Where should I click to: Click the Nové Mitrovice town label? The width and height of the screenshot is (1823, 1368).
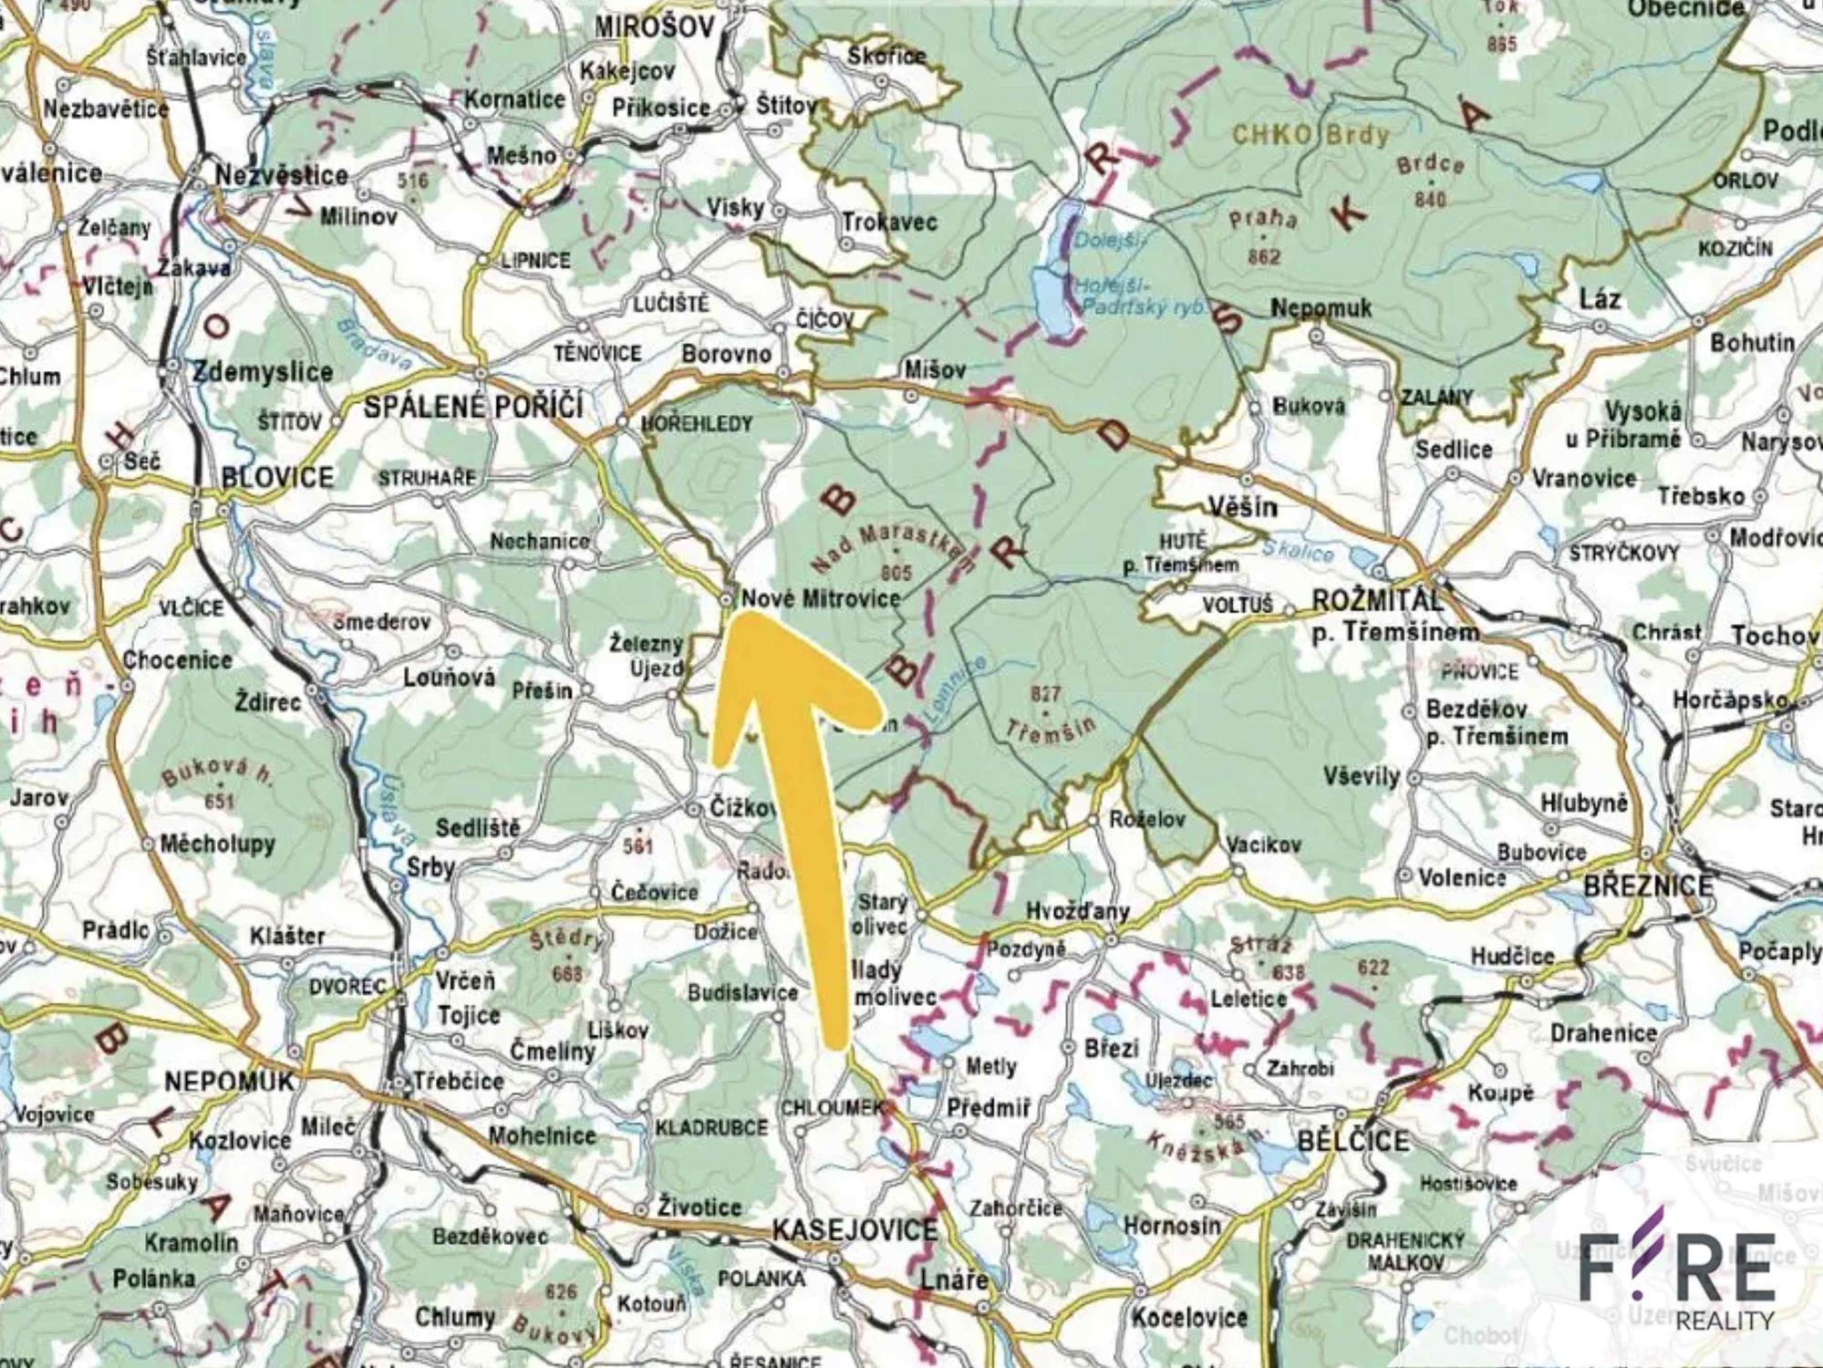[820, 599]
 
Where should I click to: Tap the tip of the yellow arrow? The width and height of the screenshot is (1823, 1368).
[750, 617]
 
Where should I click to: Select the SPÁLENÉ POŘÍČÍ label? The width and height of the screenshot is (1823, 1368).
[472, 407]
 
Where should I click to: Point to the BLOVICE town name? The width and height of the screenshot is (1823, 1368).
[277, 477]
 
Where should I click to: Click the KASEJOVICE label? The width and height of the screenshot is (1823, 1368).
[855, 1230]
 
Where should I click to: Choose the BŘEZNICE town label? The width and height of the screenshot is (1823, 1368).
[1648, 886]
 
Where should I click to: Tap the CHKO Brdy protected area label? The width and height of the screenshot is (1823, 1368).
[1310, 136]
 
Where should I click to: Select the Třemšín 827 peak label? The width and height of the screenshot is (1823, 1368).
[1049, 716]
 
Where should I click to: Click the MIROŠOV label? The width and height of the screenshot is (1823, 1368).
[654, 27]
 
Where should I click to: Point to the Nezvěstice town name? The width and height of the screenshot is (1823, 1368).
[281, 174]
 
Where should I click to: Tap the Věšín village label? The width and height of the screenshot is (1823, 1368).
[1242, 506]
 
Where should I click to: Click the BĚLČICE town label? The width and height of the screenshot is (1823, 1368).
[1352, 1141]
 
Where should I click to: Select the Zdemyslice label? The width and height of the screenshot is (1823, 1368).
[263, 371]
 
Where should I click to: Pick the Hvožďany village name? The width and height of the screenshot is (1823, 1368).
[1077, 910]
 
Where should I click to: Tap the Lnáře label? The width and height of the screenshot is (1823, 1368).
[953, 1280]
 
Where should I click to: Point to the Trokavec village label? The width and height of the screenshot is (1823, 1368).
[889, 222]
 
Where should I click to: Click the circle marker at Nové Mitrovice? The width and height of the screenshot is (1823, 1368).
[726, 600]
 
